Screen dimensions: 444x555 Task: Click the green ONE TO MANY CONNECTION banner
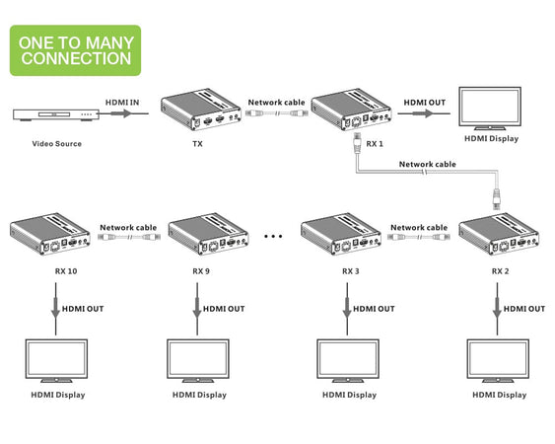[x=75, y=50]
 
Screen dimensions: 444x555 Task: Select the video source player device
[x=55, y=115]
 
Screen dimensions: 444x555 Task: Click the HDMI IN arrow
[x=121, y=113]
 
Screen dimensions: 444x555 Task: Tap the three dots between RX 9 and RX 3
[x=275, y=238]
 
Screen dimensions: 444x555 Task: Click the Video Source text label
[x=55, y=144]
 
